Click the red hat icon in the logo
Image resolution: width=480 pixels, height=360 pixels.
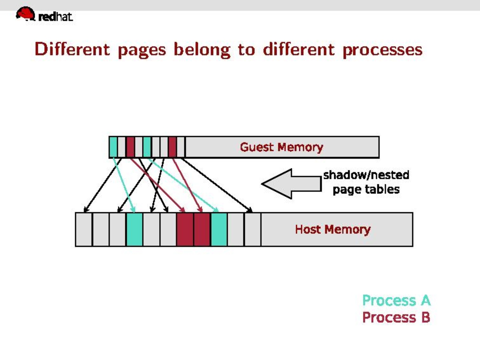click(x=25, y=14)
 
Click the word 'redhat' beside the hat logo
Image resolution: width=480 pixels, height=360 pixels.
click(x=55, y=17)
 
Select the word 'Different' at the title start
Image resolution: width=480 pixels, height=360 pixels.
click(x=72, y=50)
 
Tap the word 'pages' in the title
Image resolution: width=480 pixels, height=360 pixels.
click(x=142, y=50)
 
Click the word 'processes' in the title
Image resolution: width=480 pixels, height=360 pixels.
click(x=382, y=50)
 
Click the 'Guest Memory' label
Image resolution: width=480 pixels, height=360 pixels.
click(x=281, y=147)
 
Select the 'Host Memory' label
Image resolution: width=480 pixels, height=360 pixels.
click(x=333, y=229)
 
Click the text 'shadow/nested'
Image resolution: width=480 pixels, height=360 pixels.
click(x=366, y=175)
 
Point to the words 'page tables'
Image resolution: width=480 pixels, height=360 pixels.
click(x=366, y=189)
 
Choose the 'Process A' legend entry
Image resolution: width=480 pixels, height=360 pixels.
click(x=396, y=300)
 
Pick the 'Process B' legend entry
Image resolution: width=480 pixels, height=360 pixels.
click(x=396, y=317)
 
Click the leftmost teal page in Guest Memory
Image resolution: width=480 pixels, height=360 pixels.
click(x=113, y=147)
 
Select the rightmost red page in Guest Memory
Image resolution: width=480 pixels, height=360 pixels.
click(x=172, y=147)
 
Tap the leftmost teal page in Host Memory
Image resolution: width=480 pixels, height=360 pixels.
click(x=134, y=229)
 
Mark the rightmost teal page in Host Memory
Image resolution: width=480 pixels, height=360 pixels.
click(x=219, y=229)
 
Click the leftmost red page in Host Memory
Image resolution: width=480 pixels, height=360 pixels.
click(x=185, y=229)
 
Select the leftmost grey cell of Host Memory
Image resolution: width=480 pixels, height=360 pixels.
click(x=84, y=229)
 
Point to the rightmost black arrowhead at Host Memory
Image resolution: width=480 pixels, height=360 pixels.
click(x=250, y=210)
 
